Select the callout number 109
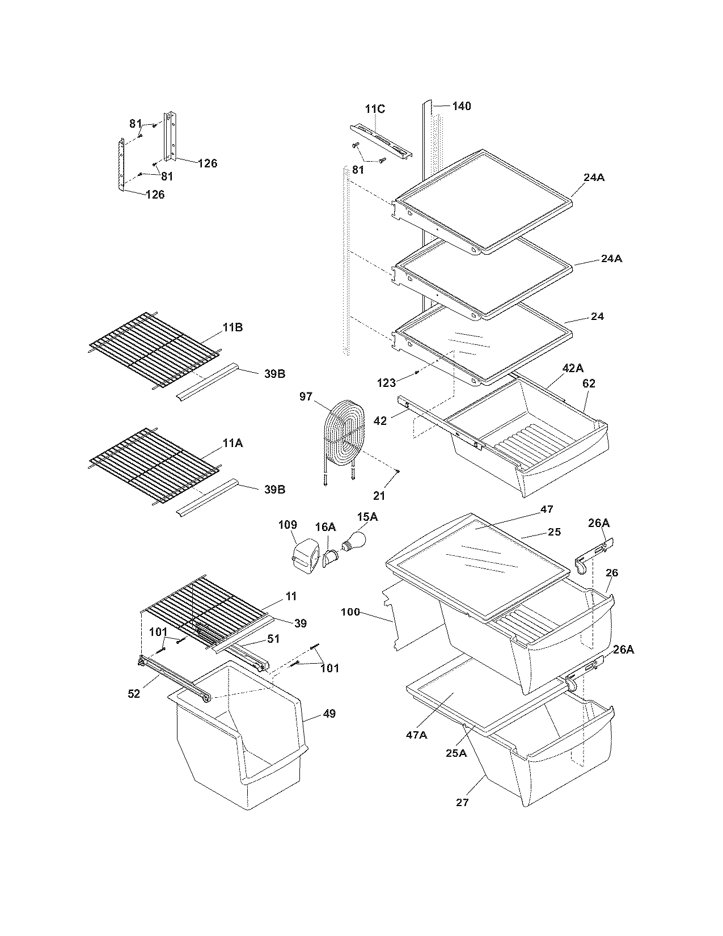pyautogui.click(x=288, y=525)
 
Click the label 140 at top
pyautogui.click(x=461, y=106)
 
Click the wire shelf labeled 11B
pyautogui.click(x=154, y=350)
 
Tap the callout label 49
pyautogui.click(x=329, y=713)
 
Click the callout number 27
pyautogui.click(x=462, y=802)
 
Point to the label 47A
pyautogui.click(x=416, y=735)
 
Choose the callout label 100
pyautogui.click(x=350, y=612)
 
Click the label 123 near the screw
pyautogui.click(x=386, y=383)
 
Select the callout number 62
pyautogui.click(x=589, y=383)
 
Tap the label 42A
pyautogui.click(x=572, y=368)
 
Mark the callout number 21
pyautogui.click(x=379, y=496)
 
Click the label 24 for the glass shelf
pyautogui.click(x=597, y=317)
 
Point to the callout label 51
pyautogui.click(x=273, y=639)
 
